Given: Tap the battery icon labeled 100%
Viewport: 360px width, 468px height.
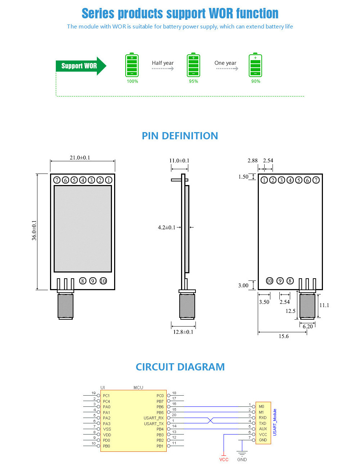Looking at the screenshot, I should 132,66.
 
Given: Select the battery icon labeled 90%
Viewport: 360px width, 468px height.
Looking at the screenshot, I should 255,66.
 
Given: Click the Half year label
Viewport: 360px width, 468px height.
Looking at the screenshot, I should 163,63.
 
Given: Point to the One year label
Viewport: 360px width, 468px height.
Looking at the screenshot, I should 225,63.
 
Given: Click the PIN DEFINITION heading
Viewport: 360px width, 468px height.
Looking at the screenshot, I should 180,136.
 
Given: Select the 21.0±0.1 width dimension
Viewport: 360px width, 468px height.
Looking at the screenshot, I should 80,158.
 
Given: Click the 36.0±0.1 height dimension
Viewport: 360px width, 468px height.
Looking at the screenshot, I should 34,230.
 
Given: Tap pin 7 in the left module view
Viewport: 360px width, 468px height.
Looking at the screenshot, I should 57,180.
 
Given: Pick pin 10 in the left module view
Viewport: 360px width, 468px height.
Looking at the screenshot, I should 103,281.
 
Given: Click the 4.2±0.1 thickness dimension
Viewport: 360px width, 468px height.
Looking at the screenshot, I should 167,228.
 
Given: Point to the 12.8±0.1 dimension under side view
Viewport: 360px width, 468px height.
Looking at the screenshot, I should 183,332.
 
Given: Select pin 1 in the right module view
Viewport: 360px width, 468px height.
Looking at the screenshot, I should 264,180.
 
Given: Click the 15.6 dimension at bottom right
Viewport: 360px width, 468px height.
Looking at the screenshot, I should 284,336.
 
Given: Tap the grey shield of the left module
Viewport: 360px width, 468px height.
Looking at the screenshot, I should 83,229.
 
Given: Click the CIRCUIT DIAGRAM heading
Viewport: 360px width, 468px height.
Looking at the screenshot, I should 180,367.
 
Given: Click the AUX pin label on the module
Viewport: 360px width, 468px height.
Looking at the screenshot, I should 263,429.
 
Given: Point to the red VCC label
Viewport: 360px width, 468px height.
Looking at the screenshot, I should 224,460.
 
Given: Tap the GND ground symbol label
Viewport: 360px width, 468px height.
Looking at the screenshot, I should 242,460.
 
